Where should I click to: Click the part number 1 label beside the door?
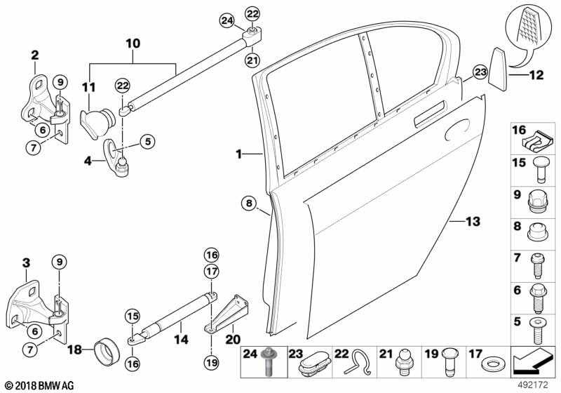239,154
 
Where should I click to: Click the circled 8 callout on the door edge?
248,204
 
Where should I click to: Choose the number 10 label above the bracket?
132,44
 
